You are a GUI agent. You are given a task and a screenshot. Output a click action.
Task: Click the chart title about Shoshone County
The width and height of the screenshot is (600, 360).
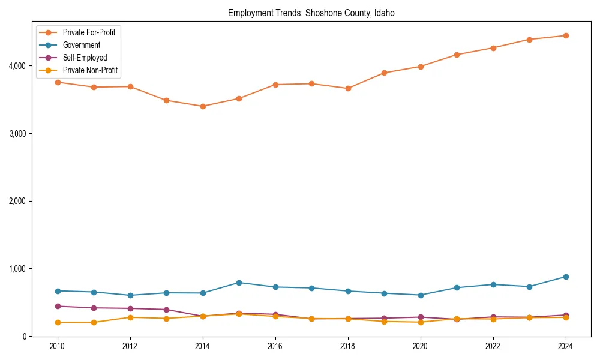(311, 13)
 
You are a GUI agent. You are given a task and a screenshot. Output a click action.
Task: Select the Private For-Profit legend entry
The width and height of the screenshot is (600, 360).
(89, 32)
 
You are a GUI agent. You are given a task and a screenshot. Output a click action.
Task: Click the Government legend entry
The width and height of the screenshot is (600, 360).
(81, 45)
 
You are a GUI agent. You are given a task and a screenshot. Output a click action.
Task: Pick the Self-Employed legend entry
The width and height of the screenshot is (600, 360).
(85, 58)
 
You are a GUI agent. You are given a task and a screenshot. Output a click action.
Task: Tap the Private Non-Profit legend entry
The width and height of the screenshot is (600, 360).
(90, 70)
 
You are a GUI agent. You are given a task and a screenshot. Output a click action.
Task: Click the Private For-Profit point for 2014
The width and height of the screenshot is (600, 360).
(203, 106)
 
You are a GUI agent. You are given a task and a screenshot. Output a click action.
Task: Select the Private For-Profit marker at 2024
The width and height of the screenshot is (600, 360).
(565, 35)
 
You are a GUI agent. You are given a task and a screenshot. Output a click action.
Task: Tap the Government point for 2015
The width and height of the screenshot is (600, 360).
(239, 283)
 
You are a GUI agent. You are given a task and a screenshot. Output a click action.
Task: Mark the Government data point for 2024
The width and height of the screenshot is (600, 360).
(565, 277)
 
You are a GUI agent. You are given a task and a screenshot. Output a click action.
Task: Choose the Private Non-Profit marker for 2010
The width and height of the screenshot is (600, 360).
(58, 322)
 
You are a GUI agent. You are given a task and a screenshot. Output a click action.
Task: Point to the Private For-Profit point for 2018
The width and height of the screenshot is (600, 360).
(348, 88)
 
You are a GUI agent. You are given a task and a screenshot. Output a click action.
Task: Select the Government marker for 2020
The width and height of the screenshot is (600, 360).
(420, 295)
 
